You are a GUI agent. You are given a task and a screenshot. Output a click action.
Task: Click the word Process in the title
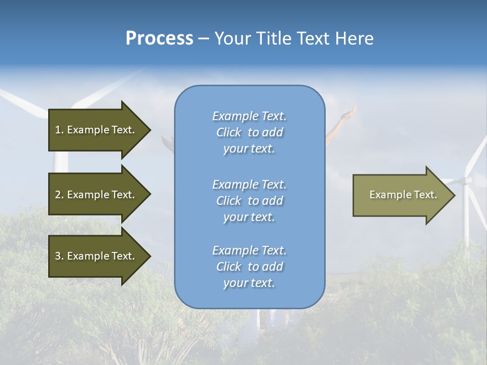[159, 39]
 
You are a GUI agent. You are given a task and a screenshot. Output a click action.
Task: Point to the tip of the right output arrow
[454, 195]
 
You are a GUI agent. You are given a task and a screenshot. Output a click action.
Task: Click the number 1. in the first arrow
[59, 130]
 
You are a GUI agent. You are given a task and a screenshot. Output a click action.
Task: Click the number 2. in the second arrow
[59, 195]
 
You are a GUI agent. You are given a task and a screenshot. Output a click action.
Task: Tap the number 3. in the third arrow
[59, 256]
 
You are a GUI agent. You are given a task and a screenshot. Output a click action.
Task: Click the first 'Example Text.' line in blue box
[249, 116]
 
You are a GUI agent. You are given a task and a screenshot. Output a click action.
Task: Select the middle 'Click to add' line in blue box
[249, 201]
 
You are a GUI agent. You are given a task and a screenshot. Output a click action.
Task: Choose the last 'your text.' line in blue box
[249, 283]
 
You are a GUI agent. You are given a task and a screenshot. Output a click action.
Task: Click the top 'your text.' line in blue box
[249, 149]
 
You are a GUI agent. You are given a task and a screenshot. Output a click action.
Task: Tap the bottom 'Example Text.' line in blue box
[249, 250]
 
